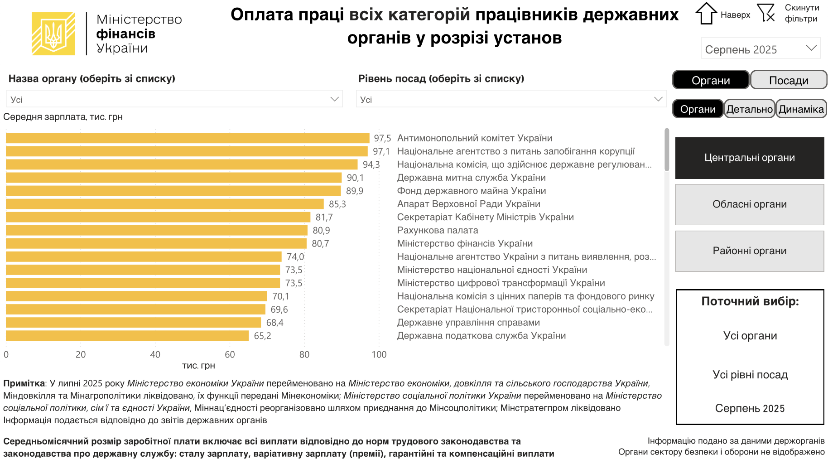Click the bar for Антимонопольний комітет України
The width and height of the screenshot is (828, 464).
188,138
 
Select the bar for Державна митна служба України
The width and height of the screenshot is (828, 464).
173,178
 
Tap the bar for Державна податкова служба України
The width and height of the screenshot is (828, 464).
127,336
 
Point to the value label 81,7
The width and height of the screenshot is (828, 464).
324,217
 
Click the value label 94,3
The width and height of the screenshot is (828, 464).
371,165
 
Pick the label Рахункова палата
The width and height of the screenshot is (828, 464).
438,231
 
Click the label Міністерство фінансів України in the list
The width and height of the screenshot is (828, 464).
465,244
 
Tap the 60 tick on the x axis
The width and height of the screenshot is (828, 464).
230,355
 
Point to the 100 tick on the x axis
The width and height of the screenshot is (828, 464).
379,355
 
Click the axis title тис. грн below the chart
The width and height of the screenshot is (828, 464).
198,366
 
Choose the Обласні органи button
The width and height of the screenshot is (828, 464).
750,204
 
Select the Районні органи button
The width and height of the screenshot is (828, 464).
750,251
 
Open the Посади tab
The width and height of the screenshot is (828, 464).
789,80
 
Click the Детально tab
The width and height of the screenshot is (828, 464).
750,109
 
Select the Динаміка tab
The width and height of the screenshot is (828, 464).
801,109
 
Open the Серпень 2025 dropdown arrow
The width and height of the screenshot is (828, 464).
811,48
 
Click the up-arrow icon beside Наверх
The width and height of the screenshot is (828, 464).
706,14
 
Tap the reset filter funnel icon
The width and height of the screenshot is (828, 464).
766,13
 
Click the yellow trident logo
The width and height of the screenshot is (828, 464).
53,34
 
